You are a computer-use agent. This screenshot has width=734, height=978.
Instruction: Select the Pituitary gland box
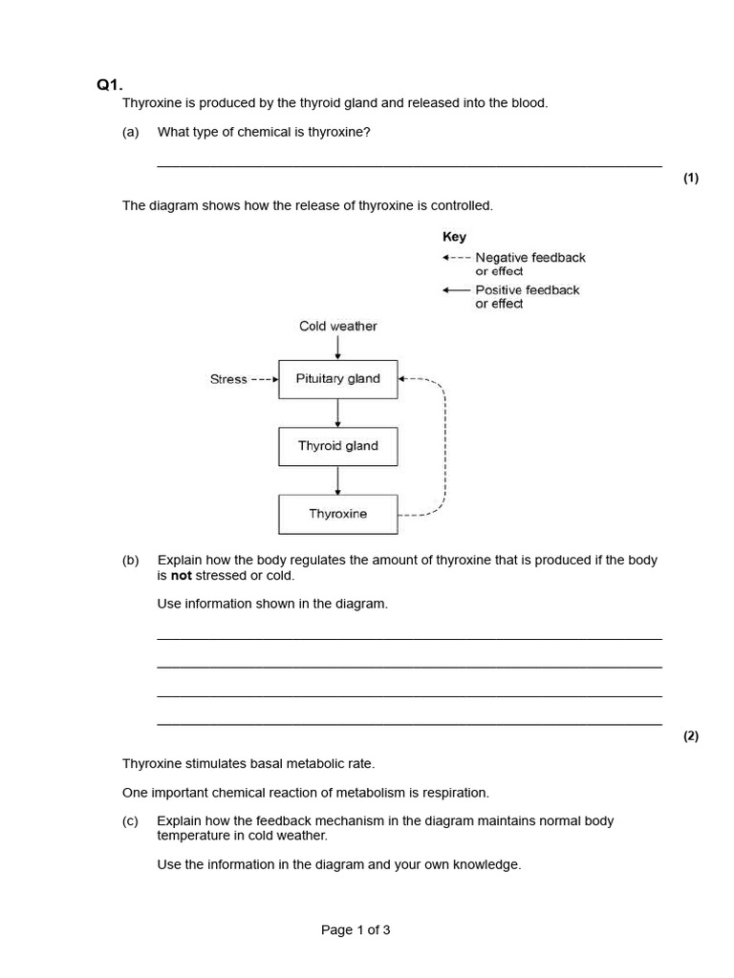337,379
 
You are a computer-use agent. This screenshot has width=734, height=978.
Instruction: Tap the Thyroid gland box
337,446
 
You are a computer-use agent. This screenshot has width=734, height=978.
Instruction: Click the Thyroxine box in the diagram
337,514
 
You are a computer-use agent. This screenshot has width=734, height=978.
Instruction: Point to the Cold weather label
337,327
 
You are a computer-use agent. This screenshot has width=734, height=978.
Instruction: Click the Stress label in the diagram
228,379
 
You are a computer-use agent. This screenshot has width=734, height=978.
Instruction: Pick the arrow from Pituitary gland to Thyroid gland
337,413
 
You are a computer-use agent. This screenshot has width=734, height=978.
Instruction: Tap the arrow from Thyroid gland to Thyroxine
337,480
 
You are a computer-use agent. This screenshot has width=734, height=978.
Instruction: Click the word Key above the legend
454,237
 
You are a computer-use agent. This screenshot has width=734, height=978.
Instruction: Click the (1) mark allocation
691,179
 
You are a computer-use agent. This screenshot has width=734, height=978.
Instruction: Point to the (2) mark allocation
691,735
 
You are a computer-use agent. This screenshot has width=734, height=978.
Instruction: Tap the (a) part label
131,132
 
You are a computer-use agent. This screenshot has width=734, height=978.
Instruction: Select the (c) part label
131,820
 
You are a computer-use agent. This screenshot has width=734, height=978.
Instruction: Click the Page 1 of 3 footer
356,929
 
